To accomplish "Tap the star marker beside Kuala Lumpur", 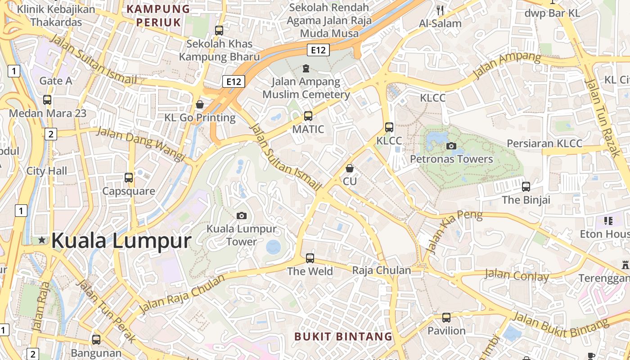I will coord(42,240).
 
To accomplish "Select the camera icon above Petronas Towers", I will coord(451,146).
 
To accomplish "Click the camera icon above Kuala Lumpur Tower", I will coord(242,216).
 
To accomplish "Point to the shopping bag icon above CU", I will coord(350,168).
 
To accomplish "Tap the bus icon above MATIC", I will coord(308,116).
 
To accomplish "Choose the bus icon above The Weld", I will coord(310,258).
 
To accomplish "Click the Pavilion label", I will coord(446,331).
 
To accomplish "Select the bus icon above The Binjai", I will coord(526,186).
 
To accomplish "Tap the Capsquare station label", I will coord(129,191).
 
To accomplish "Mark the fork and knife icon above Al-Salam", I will coord(440,10).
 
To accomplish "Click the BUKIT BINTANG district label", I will coord(343,336).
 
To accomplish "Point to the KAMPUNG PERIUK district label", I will coord(158,15).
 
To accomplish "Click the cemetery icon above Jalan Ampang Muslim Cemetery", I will coord(306,68).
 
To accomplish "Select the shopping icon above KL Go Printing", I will coord(200,104).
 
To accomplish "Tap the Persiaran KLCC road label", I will coord(544,144).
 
